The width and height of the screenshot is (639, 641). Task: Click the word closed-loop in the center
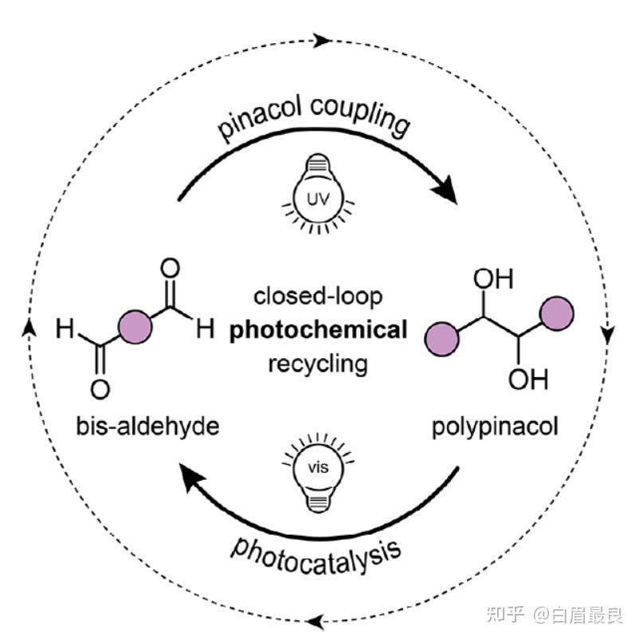[318, 297]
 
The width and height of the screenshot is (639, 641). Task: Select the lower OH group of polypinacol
[528, 379]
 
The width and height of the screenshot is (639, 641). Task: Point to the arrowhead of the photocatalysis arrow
[189, 479]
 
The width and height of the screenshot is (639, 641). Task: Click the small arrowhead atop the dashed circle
[322, 37]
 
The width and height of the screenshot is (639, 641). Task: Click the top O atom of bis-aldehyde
[170, 268]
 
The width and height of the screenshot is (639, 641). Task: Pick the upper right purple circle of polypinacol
[556, 313]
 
